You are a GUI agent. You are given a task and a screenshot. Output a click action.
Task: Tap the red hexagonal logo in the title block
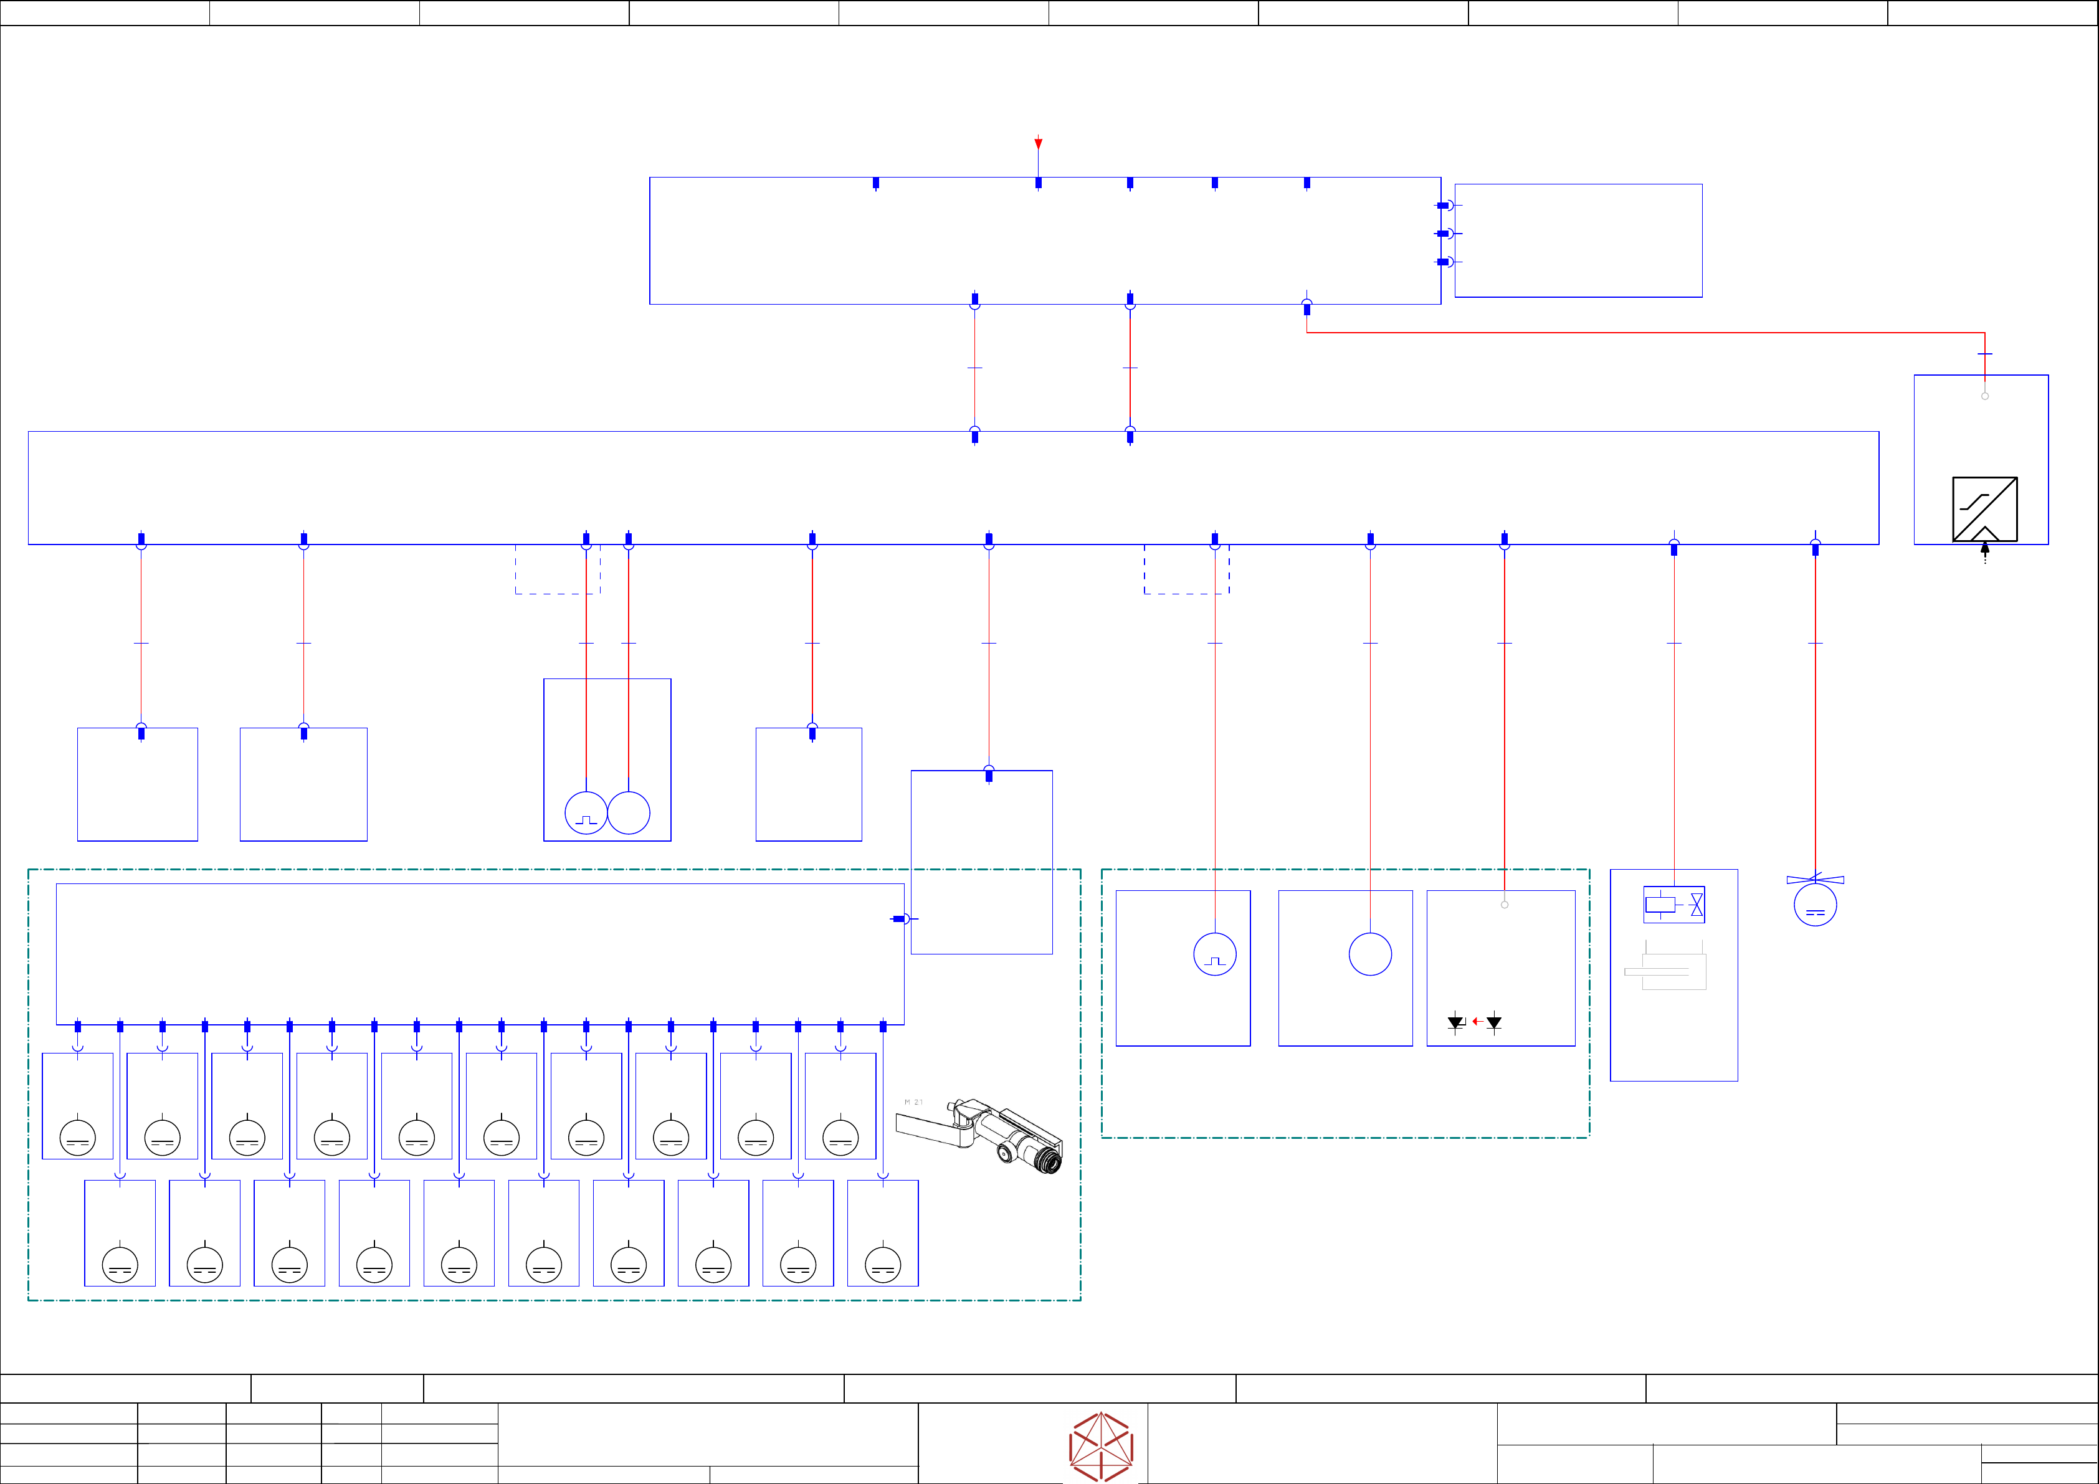click(x=1102, y=1447)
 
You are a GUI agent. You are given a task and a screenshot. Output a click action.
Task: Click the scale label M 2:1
click(x=913, y=1103)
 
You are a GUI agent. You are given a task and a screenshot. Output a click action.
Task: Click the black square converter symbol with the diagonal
click(x=1985, y=509)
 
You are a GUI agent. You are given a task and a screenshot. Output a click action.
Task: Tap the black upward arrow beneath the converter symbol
click(x=1985, y=549)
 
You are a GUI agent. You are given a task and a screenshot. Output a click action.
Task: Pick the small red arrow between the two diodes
click(x=1477, y=1021)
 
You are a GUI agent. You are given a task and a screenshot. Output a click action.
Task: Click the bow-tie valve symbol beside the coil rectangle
click(x=1697, y=905)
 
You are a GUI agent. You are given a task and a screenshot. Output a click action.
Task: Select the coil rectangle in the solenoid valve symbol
click(x=1660, y=905)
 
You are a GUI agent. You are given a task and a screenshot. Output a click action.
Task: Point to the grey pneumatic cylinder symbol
click(x=1665, y=971)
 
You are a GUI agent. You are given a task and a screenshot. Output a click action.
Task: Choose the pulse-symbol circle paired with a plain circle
click(x=586, y=813)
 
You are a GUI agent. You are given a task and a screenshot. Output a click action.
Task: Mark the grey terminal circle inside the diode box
click(x=1505, y=905)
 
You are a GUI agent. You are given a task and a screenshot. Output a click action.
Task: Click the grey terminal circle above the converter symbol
click(x=1985, y=396)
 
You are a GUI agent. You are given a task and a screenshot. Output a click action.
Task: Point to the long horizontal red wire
click(x=1645, y=333)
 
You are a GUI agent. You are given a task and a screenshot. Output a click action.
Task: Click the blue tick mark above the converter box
click(x=1985, y=354)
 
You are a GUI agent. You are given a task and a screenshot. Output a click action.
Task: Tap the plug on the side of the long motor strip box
click(x=900, y=919)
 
